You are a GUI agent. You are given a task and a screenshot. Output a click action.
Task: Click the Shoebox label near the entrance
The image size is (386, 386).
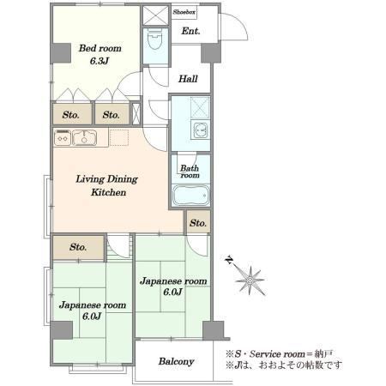click(184, 12)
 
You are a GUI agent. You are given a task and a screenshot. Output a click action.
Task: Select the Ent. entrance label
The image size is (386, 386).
click(190, 31)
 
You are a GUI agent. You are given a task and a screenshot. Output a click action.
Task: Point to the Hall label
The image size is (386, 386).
click(188, 79)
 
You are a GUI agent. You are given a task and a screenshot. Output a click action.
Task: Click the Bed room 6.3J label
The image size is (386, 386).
click(100, 54)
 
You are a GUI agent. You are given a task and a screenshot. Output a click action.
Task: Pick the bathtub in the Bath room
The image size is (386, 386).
click(191, 196)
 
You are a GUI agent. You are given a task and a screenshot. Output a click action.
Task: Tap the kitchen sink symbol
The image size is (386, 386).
click(84, 138)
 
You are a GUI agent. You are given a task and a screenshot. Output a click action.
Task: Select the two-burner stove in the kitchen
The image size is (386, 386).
click(63, 137)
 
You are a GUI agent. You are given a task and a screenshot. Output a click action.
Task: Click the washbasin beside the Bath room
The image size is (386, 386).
click(201, 130)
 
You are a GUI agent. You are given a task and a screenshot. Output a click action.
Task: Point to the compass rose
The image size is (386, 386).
click(250, 280)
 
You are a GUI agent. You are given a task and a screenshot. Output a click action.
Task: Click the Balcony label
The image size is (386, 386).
click(176, 361)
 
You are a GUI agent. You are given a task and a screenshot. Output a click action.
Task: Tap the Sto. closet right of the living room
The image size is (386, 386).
click(198, 223)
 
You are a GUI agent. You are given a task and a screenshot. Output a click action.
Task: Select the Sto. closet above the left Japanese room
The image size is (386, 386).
click(78, 247)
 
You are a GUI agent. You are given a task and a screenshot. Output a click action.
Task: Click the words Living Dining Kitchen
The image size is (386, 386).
click(107, 185)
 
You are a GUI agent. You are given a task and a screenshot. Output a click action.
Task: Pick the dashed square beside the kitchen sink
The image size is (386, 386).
click(119, 137)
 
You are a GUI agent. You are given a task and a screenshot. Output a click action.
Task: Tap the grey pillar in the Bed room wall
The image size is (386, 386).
click(61, 53)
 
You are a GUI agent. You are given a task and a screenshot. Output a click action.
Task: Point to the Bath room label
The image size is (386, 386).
click(190, 172)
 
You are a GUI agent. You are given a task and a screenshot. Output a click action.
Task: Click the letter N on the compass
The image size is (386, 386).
click(229, 260)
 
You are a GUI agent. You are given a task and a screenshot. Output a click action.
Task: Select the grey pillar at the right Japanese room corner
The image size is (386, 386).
click(214, 330)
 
